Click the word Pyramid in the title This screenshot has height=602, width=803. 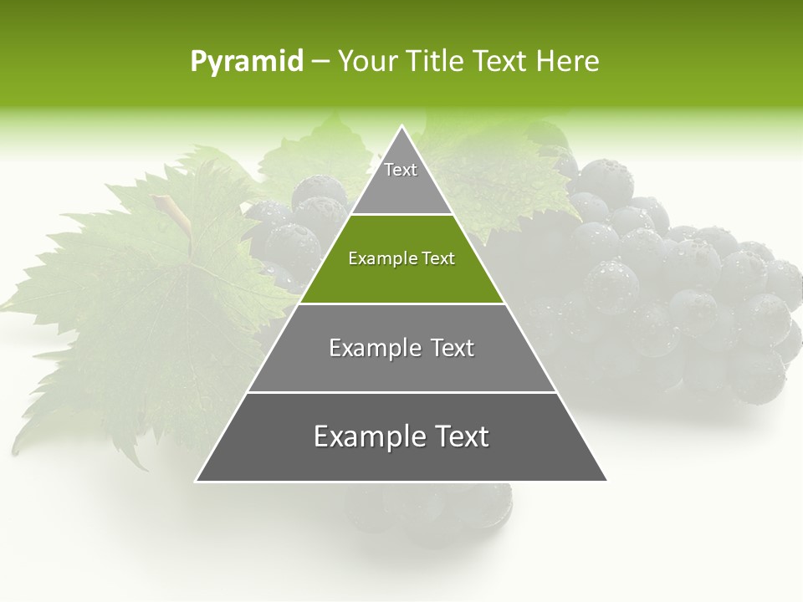[x=247, y=62]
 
